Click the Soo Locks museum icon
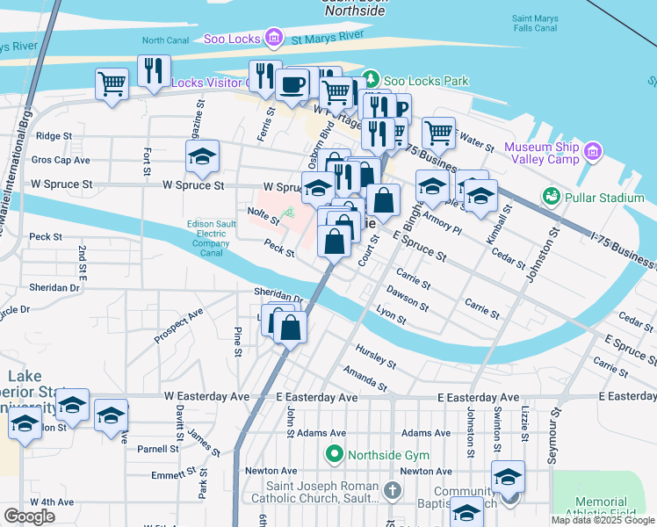click(x=275, y=37)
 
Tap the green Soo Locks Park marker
click(x=372, y=81)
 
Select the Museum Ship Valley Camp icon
click(x=593, y=151)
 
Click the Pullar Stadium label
click(x=605, y=198)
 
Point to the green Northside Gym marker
click(x=334, y=455)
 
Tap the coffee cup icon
click(x=292, y=84)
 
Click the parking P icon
click(x=401, y=109)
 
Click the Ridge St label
click(x=54, y=136)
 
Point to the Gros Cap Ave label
click(x=61, y=161)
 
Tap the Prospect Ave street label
click(x=178, y=325)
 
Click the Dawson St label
click(x=407, y=301)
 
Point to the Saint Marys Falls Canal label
click(x=534, y=24)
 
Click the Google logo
click(x=29, y=516)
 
